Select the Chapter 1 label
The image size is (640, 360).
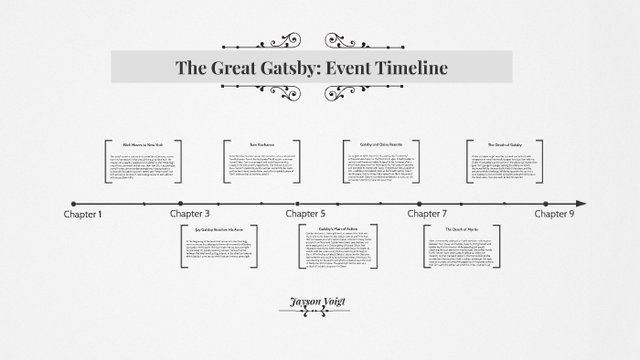[x=82, y=214]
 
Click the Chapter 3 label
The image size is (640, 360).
[x=189, y=214]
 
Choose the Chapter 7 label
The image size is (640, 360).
[x=427, y=214]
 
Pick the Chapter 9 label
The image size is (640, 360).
[x=554, y=214]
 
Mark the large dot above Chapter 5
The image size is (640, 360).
[x=298, y=203]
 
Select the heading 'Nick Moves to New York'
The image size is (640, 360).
[x=142, y=144]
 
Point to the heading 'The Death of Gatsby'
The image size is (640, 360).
[x=502, y=144]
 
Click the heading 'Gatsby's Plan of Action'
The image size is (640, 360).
[x=322, y=228]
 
